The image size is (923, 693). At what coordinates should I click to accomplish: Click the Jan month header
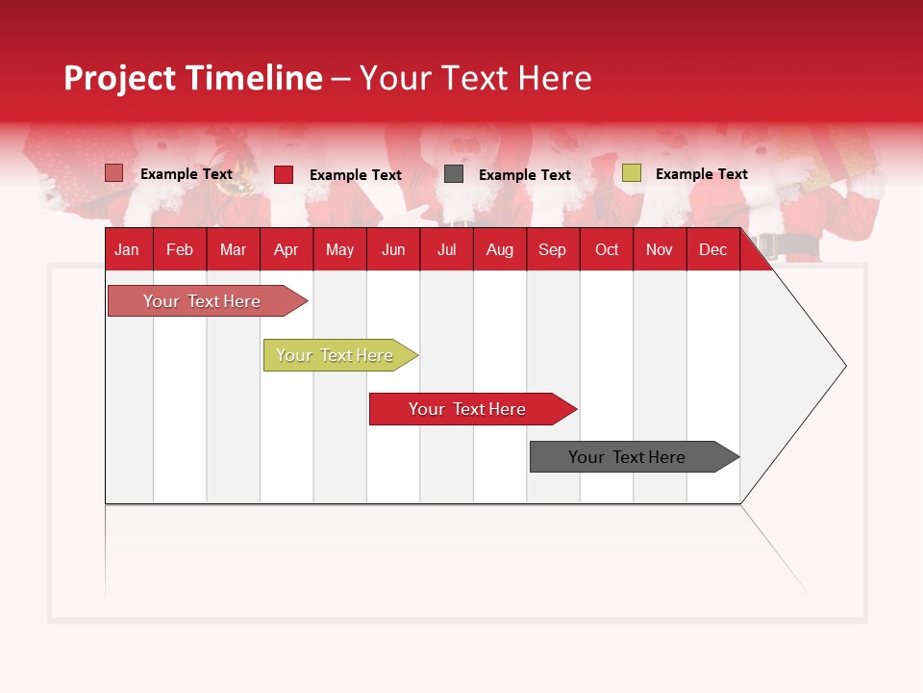pyautogui.click(x=127, y=249)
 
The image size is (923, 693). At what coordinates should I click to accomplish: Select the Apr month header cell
pyautogui.click(x=286, y=249)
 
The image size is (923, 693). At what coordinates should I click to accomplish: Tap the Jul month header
pyautogui.click(x=446, y=249)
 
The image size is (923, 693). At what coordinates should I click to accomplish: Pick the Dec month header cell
pyautogui.click(x=712, y=249)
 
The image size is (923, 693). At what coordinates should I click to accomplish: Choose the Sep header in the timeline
pyautogui.click(x=552, y=249)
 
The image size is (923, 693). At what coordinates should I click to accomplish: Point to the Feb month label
pyautogui.click(x=180, y=249)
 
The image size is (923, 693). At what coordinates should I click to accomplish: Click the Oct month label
pyautogui.click(x=607, y=249)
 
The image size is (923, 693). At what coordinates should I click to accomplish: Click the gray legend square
pyautogui.click(x=454, y=174)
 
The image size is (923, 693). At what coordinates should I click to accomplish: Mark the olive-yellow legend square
pyautogui.click(x=631, y=173)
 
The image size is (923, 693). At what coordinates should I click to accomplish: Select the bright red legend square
pyautogui.click(x=284, y=174)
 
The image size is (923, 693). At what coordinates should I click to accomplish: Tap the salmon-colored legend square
pyautogui.click(x=114, y=173)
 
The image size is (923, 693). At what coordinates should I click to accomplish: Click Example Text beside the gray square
pyautogui.click(x=524, y=174)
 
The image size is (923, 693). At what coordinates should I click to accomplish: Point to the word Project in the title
pyautogui.click(x=121, y=78)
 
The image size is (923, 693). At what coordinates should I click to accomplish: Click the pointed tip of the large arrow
pyautogui.click(x=843, y=366)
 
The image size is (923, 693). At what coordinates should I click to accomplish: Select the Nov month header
pyautogui.click(x=660, y=249)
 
